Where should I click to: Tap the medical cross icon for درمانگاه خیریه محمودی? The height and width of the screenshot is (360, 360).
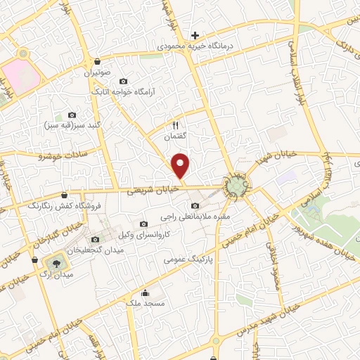tap(195, 36)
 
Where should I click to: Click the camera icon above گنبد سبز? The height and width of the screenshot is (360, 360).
tap(71, 115)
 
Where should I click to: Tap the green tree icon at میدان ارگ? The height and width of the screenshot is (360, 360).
tap(52, 264)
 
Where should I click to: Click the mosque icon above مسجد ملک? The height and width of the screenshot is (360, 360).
tap(145, 292)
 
